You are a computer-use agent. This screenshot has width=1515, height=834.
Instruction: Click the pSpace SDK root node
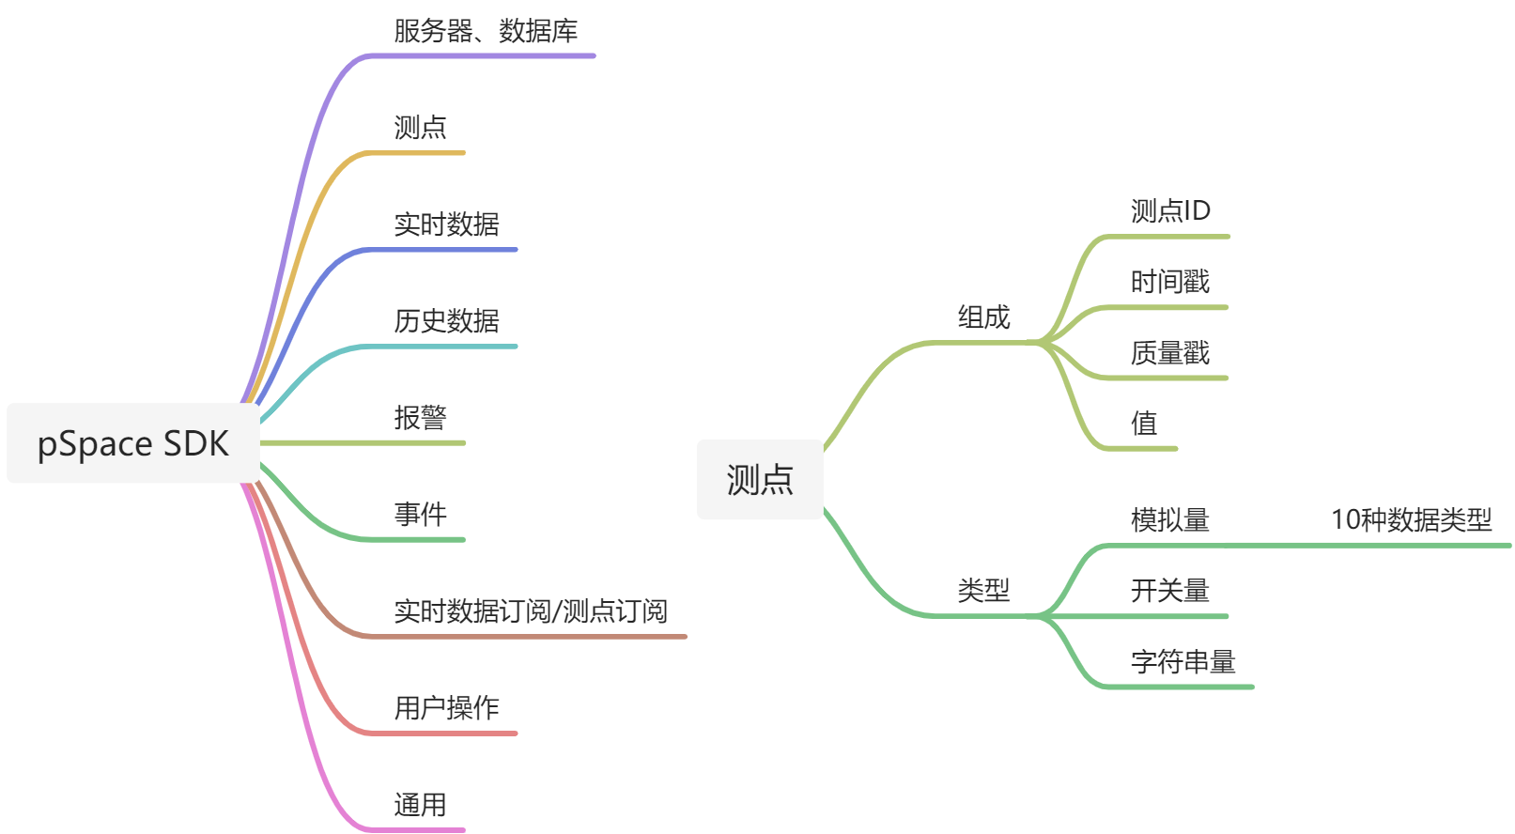tap(132, 443)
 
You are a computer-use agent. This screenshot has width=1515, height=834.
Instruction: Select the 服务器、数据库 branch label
tap(485, 31)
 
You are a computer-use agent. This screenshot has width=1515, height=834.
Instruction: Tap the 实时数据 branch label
tap(446, 224)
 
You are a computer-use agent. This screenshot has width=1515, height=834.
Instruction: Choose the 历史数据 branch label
tap(446, 321)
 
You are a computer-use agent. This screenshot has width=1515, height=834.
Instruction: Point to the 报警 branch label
tap(420, 418)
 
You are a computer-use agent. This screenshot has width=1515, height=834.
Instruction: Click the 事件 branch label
tap(420, 515)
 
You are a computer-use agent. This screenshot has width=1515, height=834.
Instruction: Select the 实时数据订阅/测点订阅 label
tap(530, 611)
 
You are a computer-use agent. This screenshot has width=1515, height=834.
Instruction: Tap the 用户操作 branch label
tap(446, 708)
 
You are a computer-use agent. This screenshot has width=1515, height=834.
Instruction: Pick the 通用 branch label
tap(420, 805)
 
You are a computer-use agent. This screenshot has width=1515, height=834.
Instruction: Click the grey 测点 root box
tap(760, 479)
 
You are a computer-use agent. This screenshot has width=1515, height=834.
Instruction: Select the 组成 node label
tap(983, 317)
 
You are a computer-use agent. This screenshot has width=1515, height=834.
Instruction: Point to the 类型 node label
tap(983, 591)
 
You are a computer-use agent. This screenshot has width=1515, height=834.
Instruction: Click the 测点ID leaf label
tap(1170, 210)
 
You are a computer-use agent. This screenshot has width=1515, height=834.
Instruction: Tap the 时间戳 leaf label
tap(1170, 282)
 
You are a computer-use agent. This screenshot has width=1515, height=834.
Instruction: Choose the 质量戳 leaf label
tap(1170, 353)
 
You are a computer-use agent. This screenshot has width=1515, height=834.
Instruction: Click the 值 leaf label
tap(1144, 424)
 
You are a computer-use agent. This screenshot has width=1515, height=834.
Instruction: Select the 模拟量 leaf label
tap(1170, 520)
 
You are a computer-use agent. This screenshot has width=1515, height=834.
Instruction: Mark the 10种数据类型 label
tap(1411, 519)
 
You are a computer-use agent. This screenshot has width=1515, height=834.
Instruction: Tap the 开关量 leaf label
tap(1170, 591)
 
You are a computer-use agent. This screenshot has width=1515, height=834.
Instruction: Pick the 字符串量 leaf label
tap(1183, 662)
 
